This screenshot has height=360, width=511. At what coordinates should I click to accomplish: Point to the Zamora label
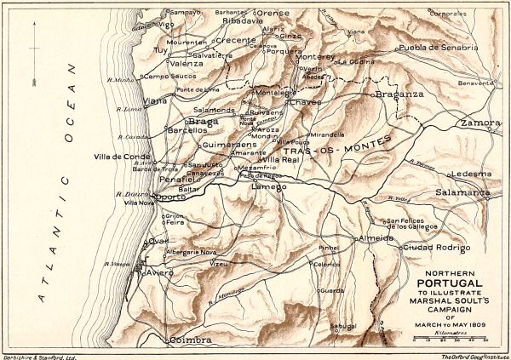[x=480, y=123]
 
